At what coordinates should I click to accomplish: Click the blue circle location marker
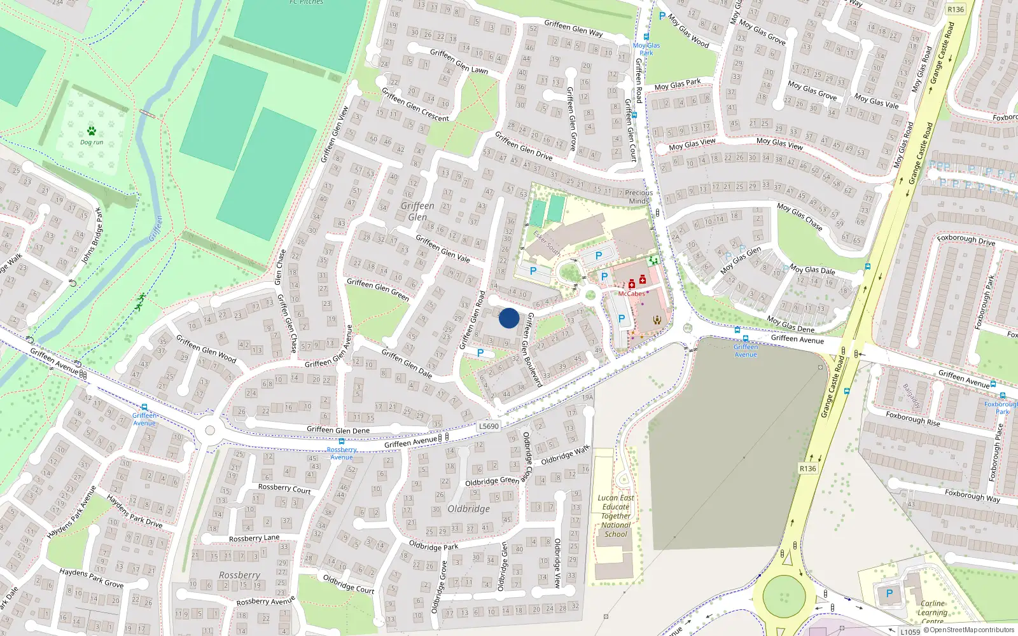509,318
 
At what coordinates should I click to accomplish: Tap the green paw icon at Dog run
92,131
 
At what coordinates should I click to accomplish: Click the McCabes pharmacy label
631,294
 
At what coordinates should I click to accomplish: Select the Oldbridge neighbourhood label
468,509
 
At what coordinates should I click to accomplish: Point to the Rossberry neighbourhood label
239,575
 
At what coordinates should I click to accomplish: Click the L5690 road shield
489,426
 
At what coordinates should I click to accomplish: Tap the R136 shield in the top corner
955,9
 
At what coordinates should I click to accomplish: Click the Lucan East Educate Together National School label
616,516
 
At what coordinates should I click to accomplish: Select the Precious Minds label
639,197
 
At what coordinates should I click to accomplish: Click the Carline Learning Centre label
932,612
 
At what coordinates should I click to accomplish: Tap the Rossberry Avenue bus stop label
342,453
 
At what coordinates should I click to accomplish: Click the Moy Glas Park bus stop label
646,49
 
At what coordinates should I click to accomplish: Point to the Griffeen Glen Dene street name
338,430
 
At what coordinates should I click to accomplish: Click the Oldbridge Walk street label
565,455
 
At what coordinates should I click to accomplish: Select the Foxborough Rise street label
912,418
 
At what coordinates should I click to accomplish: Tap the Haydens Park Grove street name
92,577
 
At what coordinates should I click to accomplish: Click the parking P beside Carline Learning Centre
889,593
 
